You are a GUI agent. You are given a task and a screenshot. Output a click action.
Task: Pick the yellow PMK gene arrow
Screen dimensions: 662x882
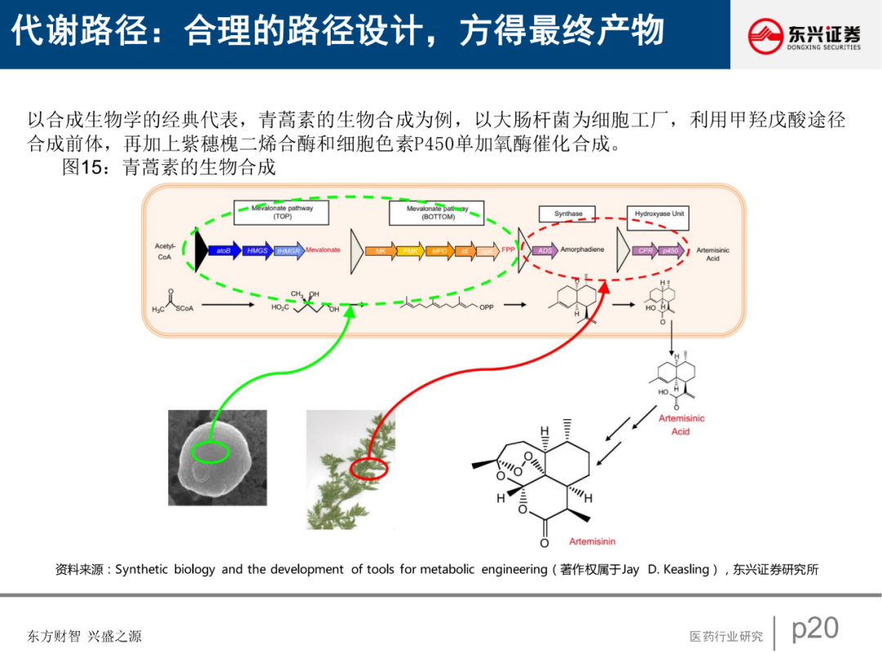pos(411,251)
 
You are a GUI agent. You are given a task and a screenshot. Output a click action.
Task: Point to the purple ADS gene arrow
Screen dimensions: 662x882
pos(546,250)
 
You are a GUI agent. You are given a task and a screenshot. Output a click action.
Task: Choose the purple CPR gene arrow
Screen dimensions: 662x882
pos(645,250)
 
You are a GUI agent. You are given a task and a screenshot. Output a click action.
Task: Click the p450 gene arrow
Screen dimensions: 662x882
pos(670,250)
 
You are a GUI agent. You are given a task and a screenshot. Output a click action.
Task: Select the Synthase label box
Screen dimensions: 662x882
pos(568,214)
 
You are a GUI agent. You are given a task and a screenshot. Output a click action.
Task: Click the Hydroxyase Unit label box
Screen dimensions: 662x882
pos(660,214)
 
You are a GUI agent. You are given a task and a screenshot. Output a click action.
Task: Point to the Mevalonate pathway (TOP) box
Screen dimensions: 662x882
pos(282,212)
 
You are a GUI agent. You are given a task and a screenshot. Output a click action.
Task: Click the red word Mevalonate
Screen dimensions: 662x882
pos(323,250)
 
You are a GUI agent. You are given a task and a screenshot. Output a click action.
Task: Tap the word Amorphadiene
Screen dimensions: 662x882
pos(582,249)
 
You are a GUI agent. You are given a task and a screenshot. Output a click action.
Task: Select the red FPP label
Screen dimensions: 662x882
pos(508,250)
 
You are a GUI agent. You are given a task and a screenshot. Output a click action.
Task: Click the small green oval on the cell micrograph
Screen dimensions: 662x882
pos(211,450)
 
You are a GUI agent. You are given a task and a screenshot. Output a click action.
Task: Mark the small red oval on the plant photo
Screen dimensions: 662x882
pos(368,469)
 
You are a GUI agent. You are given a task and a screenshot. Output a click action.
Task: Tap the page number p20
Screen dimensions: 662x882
pos(815,628)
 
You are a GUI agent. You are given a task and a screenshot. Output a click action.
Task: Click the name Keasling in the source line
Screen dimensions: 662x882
pos(689,570)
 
